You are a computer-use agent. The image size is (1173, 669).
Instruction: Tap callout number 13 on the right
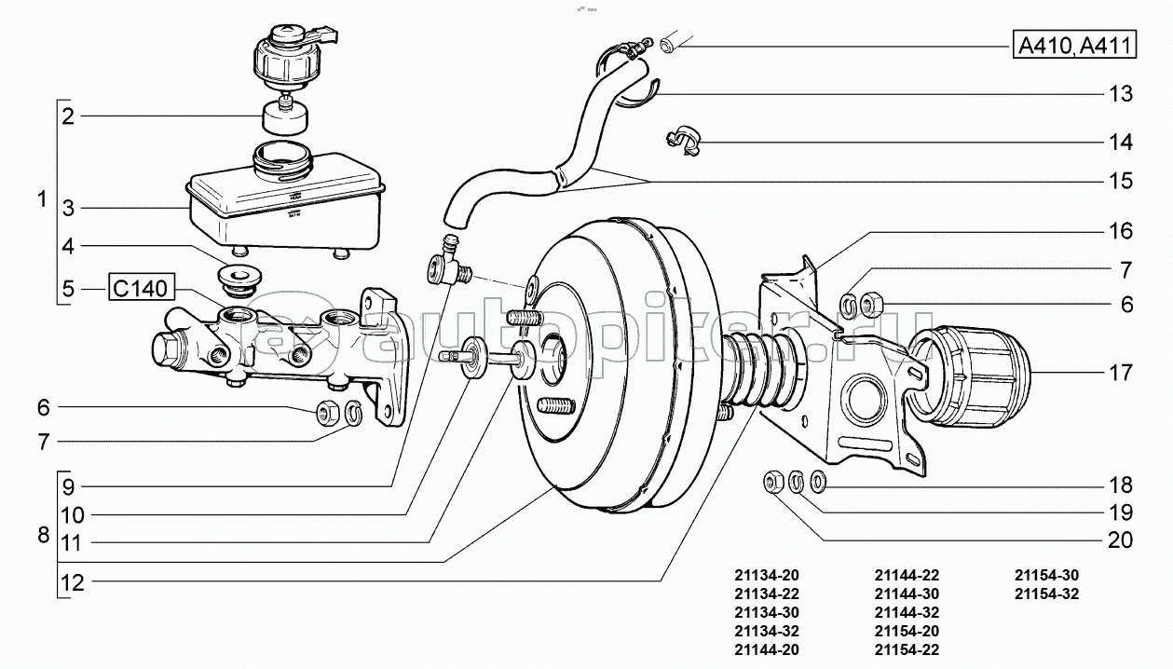tap(1121, 93)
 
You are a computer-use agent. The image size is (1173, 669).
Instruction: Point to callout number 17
tap(1121, 374)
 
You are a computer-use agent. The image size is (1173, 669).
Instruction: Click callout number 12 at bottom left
tap(73, 583)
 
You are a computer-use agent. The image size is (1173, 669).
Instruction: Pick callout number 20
tap(1121, 540)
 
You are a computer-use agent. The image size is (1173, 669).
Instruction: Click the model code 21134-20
tap(767, 575)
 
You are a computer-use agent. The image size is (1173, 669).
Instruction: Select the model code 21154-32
tap(1046, 594)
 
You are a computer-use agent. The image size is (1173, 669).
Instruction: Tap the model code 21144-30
tap(907, 594)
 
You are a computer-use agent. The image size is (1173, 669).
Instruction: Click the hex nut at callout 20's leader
tap(772, 482)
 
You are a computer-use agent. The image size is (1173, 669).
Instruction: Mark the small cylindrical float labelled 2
tap(283, 116)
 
